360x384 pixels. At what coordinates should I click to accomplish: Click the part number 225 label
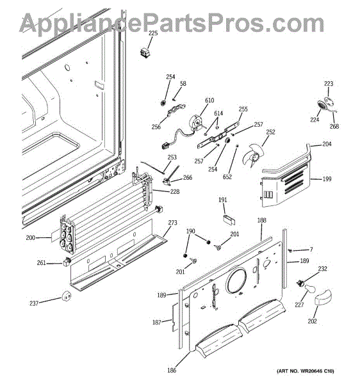153,33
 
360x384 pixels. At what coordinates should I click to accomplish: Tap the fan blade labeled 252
252,155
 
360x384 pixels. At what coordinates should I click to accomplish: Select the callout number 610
209,100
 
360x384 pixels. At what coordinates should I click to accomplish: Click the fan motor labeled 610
197,122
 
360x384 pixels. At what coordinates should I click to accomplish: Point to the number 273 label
172,223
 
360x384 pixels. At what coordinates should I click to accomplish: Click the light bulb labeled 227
310,291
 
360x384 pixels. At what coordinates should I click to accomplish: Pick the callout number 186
172,370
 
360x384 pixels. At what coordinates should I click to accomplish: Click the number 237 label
34,303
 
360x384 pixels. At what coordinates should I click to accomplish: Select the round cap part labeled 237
66,296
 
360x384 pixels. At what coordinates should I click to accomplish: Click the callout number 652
227,177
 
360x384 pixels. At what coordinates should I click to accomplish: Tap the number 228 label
175,191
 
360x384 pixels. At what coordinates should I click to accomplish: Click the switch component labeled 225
145,52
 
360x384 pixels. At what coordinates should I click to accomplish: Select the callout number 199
327,179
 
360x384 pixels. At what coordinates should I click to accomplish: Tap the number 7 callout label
311,250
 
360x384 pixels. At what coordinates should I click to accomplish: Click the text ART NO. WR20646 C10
306,371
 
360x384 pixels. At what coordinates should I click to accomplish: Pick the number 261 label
42,263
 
